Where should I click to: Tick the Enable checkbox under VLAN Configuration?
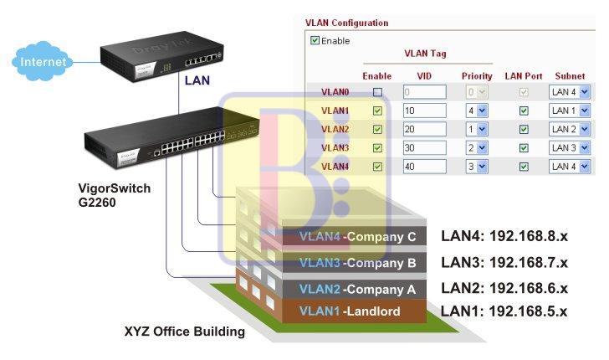point(315,40)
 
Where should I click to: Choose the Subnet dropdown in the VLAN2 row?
point(570,129)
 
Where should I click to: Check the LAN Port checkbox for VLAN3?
point(524,148)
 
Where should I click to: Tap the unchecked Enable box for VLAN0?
point(377,91)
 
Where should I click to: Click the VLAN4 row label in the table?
point(335,167)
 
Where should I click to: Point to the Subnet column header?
point(570,76)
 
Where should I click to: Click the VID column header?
point(424,76)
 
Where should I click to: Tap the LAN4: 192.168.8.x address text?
point(504,236)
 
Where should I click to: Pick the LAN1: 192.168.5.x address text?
point(504,311)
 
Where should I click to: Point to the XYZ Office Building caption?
point(184,332)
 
